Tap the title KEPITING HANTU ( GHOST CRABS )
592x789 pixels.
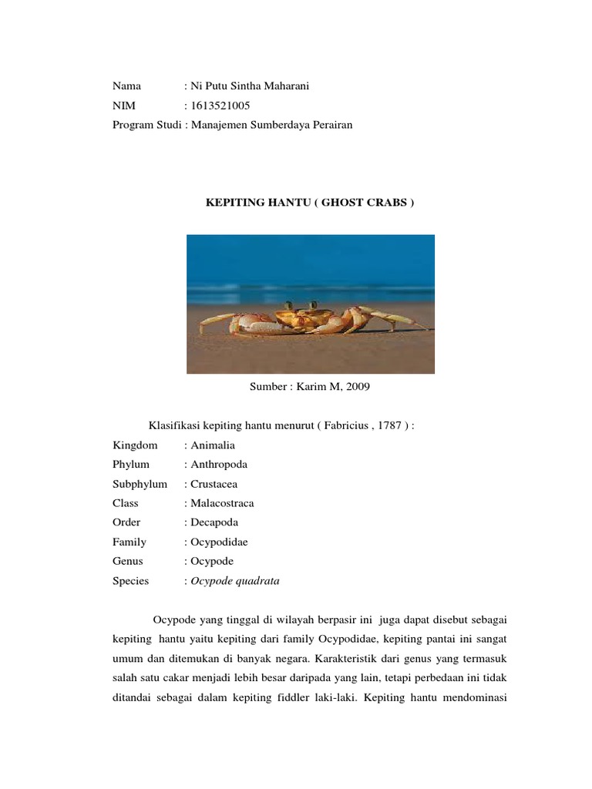pos(308,203)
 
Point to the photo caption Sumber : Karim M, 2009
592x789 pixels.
pos(310,387)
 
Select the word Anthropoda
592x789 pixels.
pos(218,465)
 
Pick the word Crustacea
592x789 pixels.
pos(214,484)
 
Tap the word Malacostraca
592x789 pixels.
pos(222,503)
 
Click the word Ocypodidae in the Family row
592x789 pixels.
pos(219,542)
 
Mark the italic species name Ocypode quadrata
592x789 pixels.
pos(234,581)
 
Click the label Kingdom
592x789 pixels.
pos(135,445)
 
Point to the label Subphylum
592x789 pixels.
pos(140,484)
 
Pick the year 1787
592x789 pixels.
pos(388,426)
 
